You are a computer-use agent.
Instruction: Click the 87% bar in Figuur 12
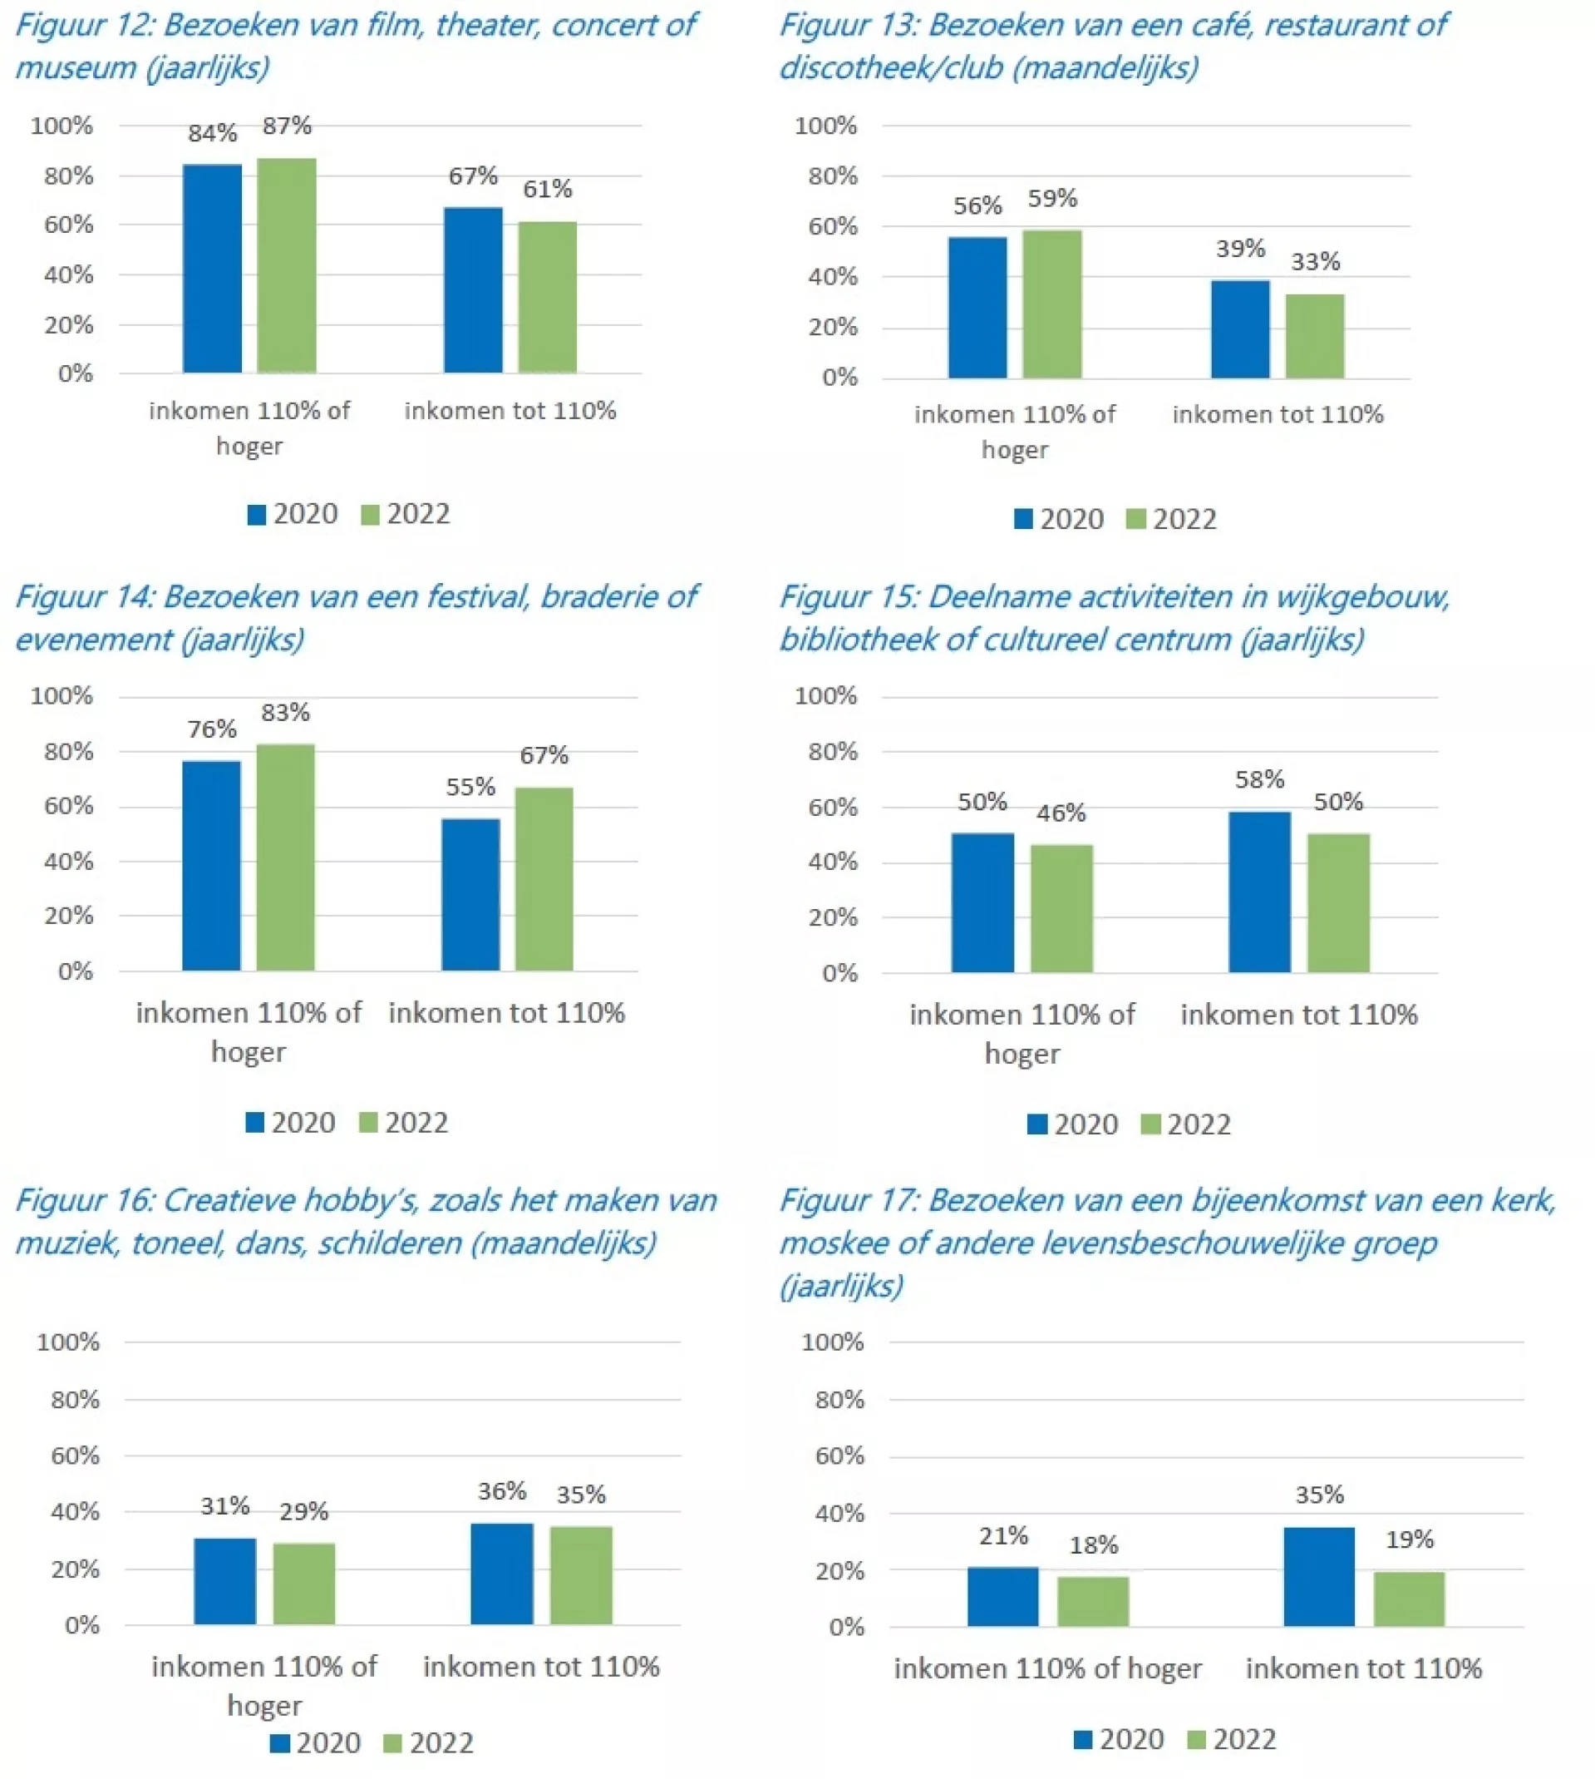coord(287,265)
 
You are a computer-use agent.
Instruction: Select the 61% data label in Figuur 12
coord(548,189)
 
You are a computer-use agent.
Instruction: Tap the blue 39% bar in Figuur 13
coord(1240,329)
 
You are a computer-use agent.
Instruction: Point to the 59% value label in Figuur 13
coord(1051,199)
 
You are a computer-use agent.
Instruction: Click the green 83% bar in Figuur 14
coord(286,857)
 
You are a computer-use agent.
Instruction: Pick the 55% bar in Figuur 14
coord(470,894)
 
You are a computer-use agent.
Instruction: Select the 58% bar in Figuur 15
coord(1259,892)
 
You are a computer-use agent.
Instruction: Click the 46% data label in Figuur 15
coord(1061,813)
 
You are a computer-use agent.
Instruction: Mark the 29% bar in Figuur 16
coord(304,1584)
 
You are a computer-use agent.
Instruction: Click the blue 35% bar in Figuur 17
coord(1319,1576)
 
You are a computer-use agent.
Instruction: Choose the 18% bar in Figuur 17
coord(1093,1601)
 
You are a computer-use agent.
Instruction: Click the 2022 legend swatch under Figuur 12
coord(371,515)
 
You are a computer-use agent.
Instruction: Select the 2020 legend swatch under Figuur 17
coord(1083,1740)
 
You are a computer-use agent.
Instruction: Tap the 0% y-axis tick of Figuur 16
coord(82,1624)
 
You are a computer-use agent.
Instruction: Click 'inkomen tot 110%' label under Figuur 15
coord(1299,1015)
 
